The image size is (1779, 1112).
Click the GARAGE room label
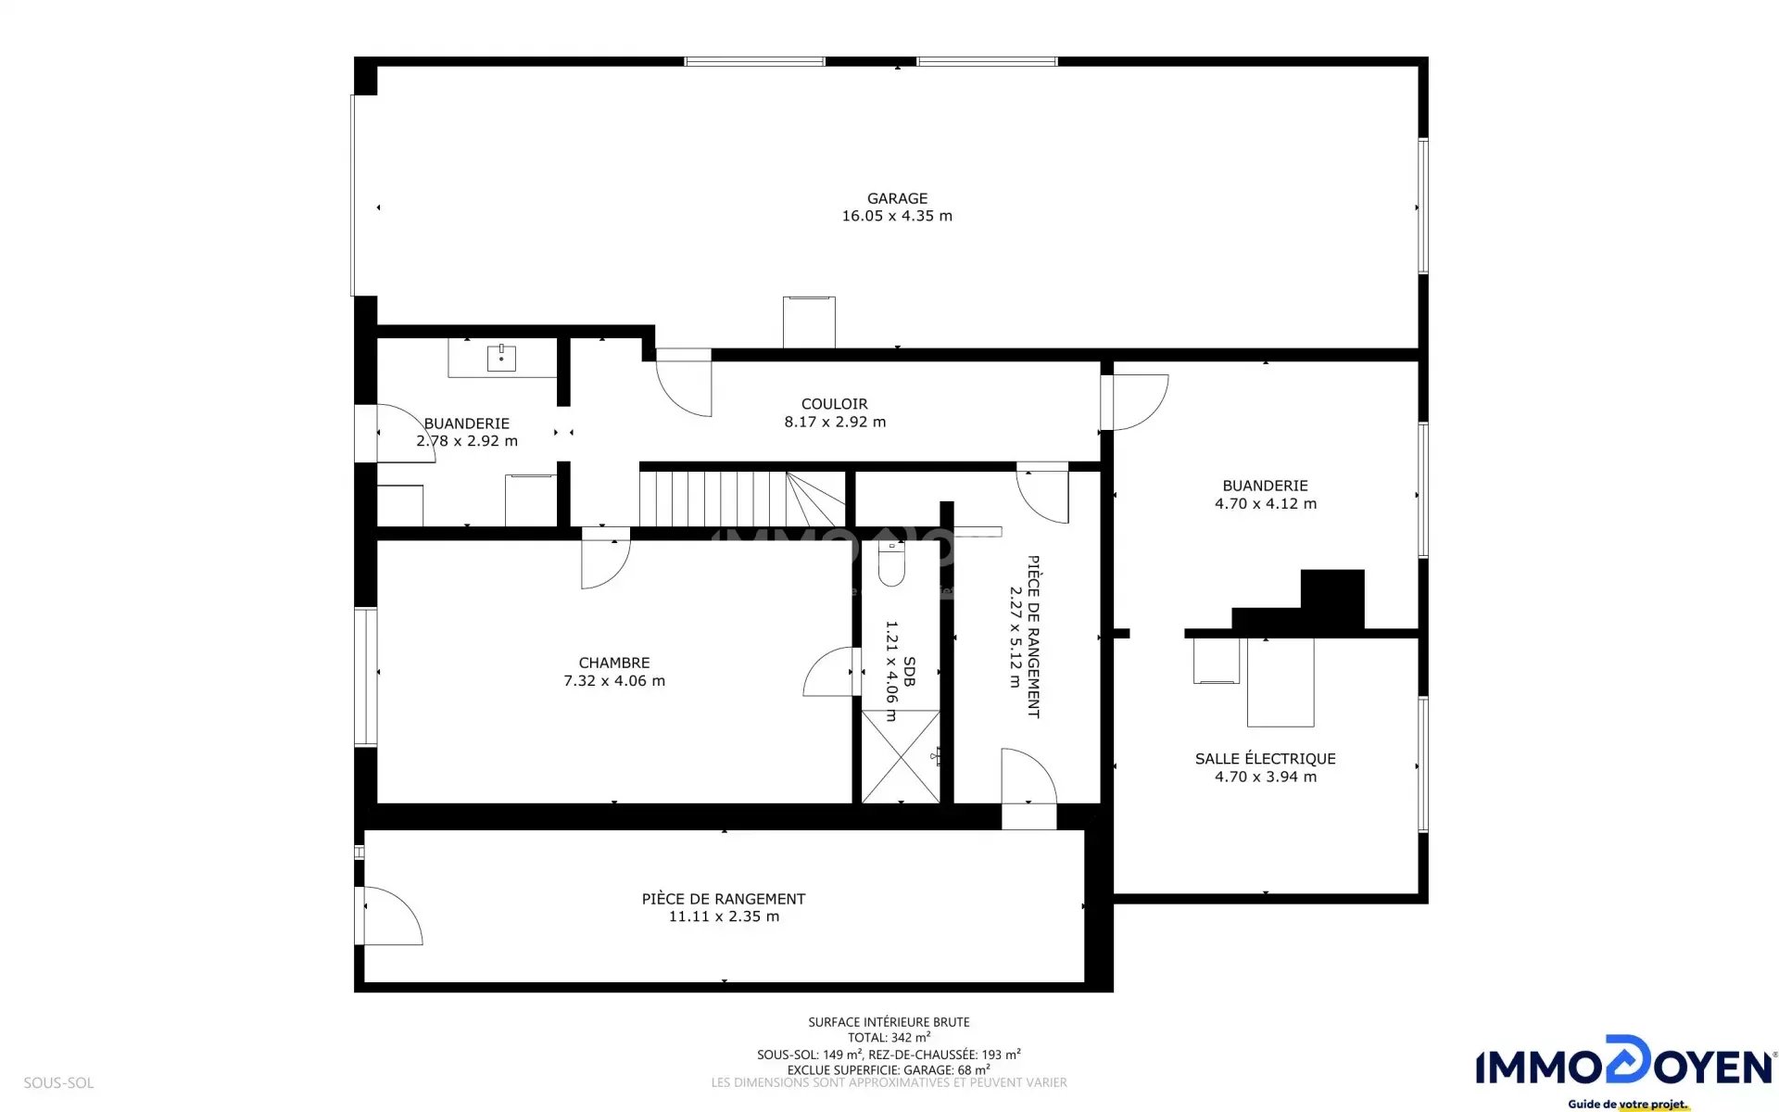(x=897, y=198)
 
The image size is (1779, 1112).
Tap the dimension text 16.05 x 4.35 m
(x=897, y=216)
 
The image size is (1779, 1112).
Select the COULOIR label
(x=835, y=404)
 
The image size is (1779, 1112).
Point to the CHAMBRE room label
(x=614, y=663)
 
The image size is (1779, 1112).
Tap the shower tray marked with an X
(x=901, y=756)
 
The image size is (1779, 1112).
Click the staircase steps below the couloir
(x=742, y=499)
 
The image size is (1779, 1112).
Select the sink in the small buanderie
(x=501, y=357)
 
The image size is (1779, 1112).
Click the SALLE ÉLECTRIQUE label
(x=1266, y=759)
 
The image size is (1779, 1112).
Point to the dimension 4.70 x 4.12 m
(x=1266, y=504)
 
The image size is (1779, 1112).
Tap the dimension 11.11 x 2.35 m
(x=724, y=916)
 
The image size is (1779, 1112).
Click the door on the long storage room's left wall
(x=390, y=916)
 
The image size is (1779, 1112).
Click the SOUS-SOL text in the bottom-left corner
(x=58, y=1082)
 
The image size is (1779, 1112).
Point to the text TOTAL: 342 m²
(x=889, y=1038)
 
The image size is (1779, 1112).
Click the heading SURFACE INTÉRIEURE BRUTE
(x=889, y=1022)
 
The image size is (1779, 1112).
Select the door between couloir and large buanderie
(x=1135, y=402)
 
